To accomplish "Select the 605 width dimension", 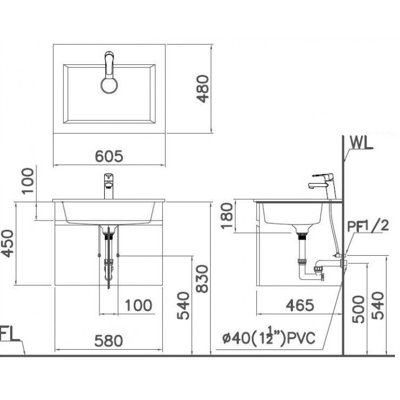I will [109, 156].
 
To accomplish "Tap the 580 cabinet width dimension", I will [109, 341].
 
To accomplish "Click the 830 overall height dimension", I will [201, 278].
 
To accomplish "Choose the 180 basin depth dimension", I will [228, 216].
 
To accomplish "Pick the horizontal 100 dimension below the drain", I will [138, 305].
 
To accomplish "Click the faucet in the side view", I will [323, 182].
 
